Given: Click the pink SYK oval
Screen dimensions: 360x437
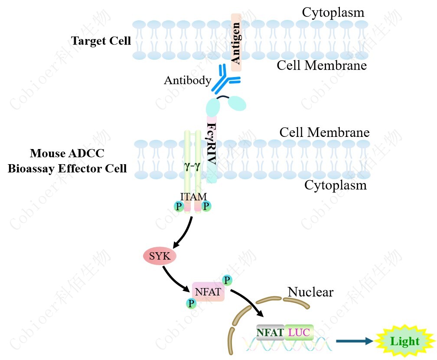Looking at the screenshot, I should tap(160, 256).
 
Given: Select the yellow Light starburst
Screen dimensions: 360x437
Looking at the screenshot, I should tap(404, 341).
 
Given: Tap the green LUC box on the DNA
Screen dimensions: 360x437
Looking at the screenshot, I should tap(299, 332).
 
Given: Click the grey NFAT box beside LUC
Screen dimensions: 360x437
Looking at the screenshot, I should tap(270, 332).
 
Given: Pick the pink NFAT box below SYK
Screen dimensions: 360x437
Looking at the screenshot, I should tap(208, 292).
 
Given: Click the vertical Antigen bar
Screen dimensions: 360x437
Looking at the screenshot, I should tap(236, 42).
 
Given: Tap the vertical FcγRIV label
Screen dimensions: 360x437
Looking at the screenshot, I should tap(211, 143).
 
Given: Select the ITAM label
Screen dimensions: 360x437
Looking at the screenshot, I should tap(193, 197).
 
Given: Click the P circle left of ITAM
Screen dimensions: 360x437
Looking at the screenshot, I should tap(178, 207).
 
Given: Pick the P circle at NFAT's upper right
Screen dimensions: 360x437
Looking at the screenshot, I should tap(227, 279).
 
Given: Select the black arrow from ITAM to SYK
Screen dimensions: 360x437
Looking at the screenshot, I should tap(182, 234).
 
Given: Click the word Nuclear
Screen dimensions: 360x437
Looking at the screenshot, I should tap(310, 292).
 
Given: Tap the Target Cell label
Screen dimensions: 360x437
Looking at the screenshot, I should tap(101, 41).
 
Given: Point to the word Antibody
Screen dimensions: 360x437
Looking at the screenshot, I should tap(187, 81).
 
